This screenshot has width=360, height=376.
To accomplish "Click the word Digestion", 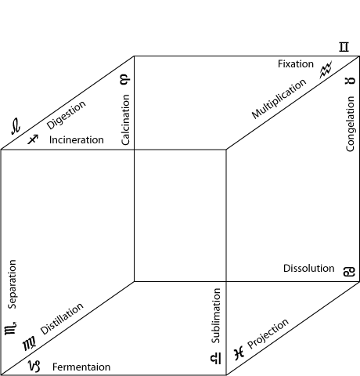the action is (67, 115).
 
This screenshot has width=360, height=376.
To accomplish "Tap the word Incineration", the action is (77, 140).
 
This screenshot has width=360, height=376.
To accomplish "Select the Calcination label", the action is (125, 120).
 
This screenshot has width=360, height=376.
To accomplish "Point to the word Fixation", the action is (296, 64).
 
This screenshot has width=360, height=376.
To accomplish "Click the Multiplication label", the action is (279, 99).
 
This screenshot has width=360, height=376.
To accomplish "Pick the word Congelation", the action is (350, 124).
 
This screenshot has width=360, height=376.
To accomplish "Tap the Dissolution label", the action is (309, 269).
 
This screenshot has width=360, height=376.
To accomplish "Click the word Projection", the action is (268, 334).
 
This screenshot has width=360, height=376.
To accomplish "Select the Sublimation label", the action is (216, 316).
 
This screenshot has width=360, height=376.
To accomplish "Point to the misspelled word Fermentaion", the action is (81, 367).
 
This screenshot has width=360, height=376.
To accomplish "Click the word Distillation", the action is (62, 319).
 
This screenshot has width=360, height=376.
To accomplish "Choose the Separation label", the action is (12, 284).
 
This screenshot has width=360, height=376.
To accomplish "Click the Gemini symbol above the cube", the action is (344, 47).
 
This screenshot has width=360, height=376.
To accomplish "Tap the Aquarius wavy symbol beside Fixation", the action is (326, 70).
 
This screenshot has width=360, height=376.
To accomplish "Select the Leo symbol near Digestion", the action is (16, 126).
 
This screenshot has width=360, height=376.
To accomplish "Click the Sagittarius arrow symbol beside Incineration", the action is (33, 139).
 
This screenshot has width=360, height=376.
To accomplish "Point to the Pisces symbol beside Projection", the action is (239, 353).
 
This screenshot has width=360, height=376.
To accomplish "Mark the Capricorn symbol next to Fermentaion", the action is (34, 366).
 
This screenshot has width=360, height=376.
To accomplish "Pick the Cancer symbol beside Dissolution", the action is (349, 272).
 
